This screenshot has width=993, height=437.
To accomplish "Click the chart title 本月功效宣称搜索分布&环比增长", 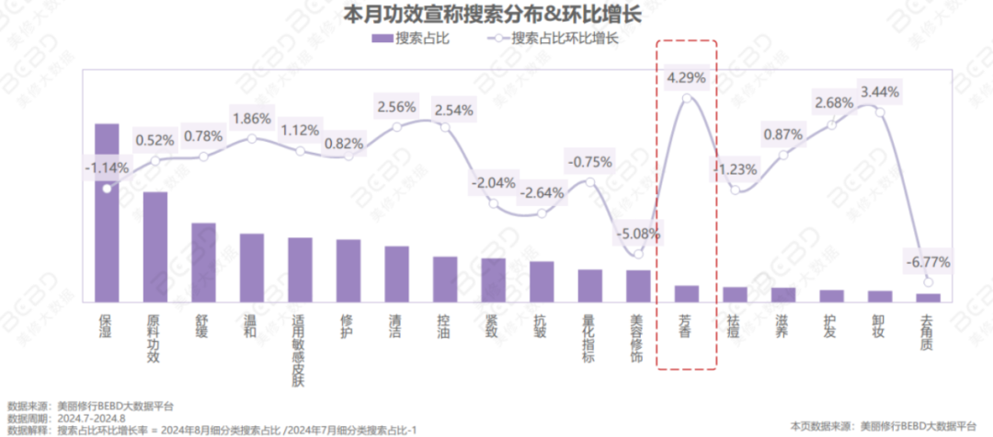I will click(492, 15).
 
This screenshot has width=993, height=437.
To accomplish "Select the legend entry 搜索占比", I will click(409, 39).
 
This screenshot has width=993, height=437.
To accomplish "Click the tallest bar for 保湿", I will click(108, 212).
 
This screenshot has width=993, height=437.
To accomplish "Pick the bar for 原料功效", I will click(155, 246).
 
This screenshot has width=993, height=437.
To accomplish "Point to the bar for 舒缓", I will click(203, 261).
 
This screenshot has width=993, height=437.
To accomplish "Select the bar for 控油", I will click(445, 278).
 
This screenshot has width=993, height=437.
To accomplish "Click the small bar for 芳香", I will click(687, 293).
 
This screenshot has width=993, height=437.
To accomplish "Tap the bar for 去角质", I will click(929, 296).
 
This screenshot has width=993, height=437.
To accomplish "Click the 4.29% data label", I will click(687, 78).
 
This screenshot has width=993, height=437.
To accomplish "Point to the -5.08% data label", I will click(638, 233).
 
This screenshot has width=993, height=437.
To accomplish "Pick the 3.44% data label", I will click(878, 91).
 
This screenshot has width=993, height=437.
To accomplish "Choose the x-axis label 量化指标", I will click(589, 340).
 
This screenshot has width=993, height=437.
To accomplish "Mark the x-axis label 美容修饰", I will click(638, 340).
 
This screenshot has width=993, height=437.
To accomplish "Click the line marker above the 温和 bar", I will click(252, 138).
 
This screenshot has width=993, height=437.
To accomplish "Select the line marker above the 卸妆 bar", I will click(880, 112).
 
